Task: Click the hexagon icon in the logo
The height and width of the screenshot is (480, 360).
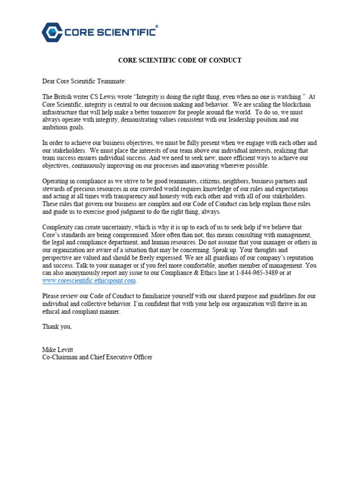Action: click(52, 32)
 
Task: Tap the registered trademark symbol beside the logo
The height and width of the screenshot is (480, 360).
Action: click(157, 27)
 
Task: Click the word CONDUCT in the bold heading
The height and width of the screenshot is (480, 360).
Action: click(223, 60)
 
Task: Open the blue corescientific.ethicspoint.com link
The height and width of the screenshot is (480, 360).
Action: click(89, 280)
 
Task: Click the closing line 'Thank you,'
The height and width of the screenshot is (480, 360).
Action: click(57, 327)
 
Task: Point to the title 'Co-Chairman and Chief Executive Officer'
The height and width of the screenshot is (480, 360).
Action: click(97, 357)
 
